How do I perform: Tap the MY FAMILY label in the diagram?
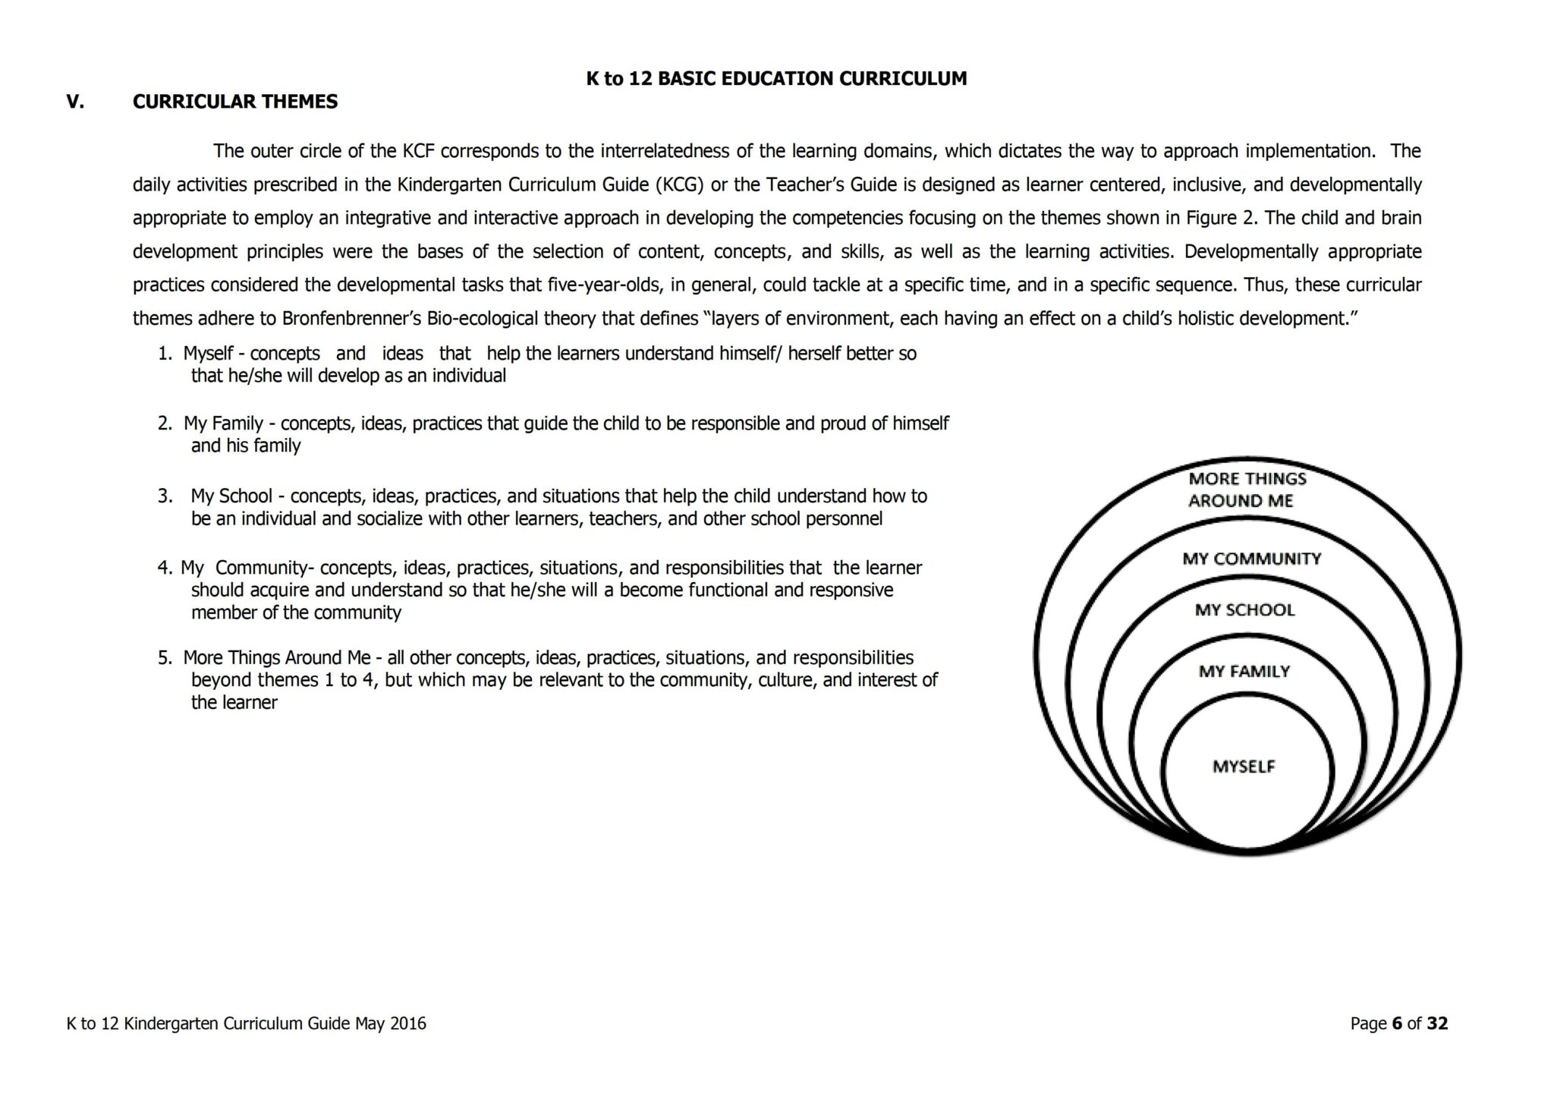click(x=1244, y=671)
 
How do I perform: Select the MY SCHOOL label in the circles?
click(x=1244, y=609)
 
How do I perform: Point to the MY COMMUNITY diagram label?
click(x=1251, y=559)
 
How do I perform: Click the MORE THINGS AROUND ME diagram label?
click(x=1246, y=490)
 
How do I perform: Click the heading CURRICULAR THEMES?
click(x=235, y=102)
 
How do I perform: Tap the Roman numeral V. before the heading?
click(x=75, y=102)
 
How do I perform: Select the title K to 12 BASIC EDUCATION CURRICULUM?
click(x=776, y=78)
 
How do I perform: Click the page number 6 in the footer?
click(x=1396, y=1023)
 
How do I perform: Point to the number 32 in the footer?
click(x=1436, y=1023)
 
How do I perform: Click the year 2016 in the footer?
click(x=407, y=1023)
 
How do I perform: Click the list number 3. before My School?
click(x=165, y=496)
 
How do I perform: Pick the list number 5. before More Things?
click(x=165, y=657)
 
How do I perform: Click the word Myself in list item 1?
click(x=208, y=354)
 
